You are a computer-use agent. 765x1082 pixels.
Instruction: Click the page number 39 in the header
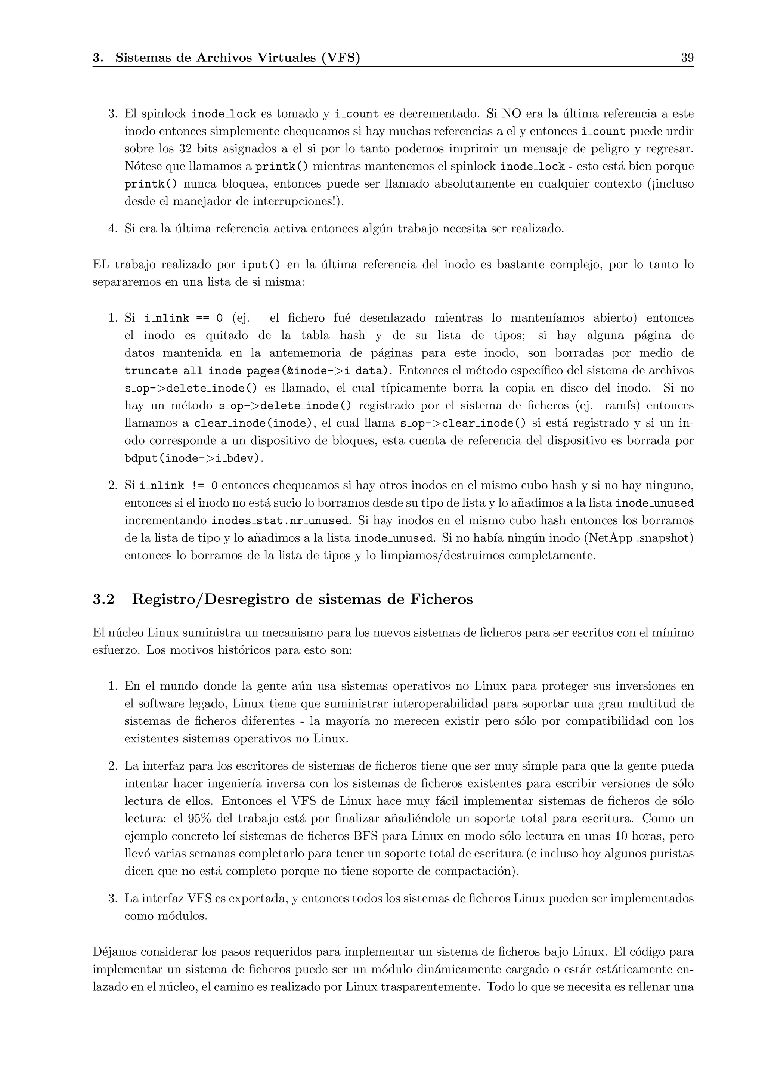pos(687,58)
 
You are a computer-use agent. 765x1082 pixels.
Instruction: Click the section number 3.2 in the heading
pos(103,599)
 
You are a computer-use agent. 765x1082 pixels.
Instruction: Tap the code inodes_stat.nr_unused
pos(281,521)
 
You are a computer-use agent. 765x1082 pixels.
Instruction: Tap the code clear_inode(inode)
pos(253,424)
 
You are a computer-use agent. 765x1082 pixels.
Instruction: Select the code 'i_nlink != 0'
pos(179,486)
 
